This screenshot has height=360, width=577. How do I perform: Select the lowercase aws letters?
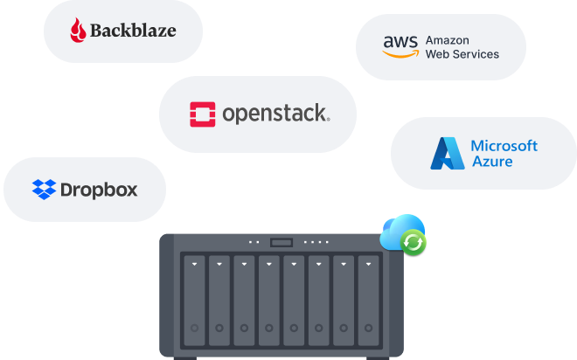[x=400, y=41]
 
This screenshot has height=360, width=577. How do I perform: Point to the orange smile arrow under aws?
[x=400, y=53]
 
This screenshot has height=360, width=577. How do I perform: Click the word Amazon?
[x=448, y=40]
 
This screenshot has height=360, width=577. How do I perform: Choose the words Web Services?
[x=462, y=54]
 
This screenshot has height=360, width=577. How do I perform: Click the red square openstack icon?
[x=202, y=114]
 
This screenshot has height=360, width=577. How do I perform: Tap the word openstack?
[x=275, y=114]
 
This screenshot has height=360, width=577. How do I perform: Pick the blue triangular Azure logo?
[x=447, y=154]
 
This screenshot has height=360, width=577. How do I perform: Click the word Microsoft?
[x=504, y=146]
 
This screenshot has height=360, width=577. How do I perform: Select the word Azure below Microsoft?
[x=491, y=162]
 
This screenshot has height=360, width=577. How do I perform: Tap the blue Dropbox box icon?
[x=45, y=189]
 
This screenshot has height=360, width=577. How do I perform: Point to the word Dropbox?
[x=99, y=189]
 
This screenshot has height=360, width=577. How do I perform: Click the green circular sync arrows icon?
[x=414, y=242]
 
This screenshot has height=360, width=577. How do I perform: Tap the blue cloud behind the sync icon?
[x=398, y=229]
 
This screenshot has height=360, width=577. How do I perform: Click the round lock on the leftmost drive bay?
[x=193, y=329]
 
